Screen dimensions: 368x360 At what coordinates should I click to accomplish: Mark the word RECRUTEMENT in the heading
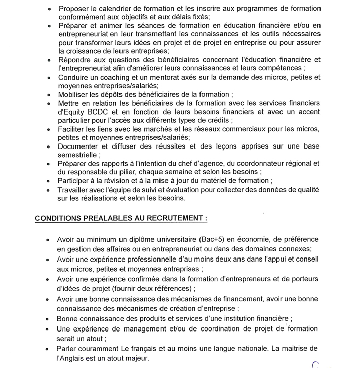173,219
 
